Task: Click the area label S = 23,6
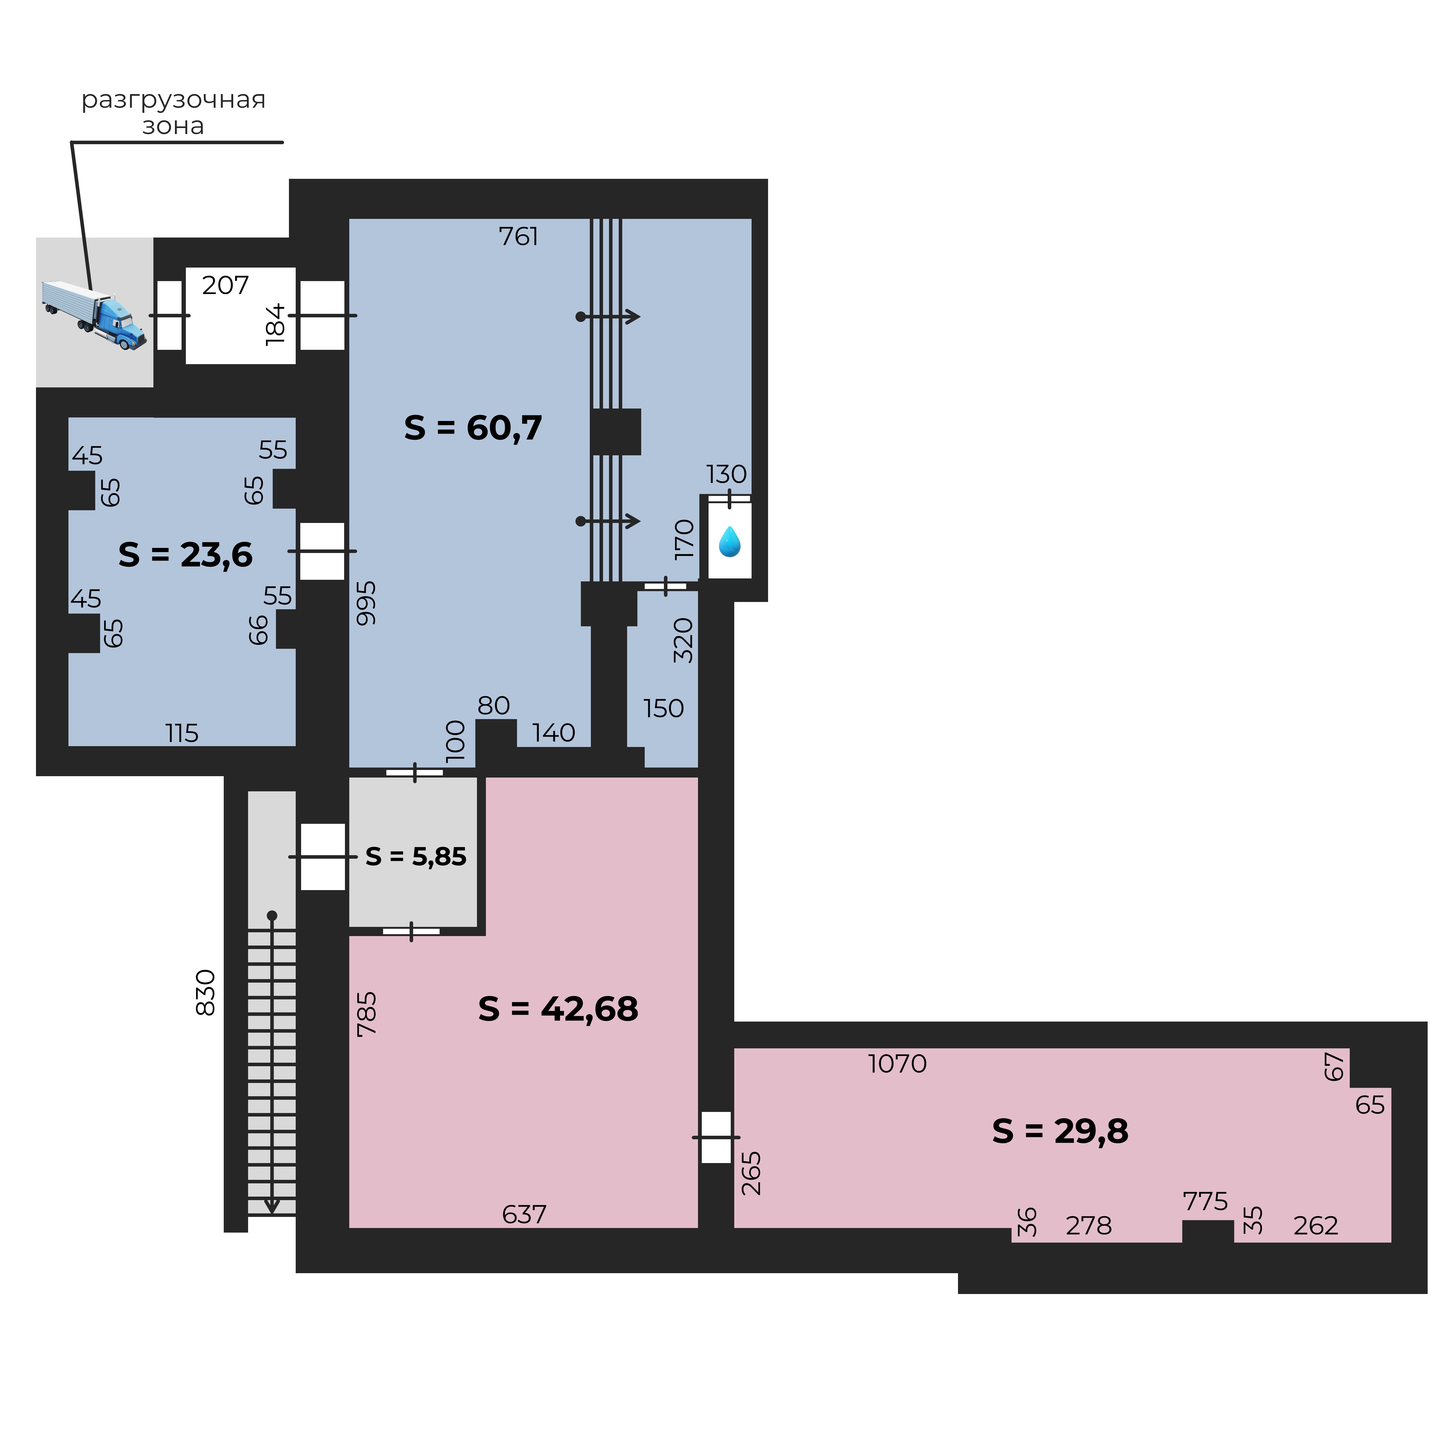pyautogui.click(x=186, y=555)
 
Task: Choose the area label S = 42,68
pyautogui.click(x=558, y=1009)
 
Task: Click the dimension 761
pyautogui.click(x=519, y=237)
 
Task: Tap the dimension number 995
pyautogui.click(x=366, y=603)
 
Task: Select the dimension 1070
pyautogui.click(x=897, y=1064)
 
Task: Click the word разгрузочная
pyautogui.click(x=174, y=100)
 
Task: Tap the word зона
pyautogui.click(x=174, y=126)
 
